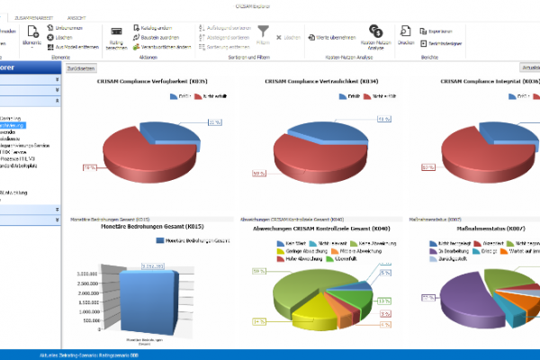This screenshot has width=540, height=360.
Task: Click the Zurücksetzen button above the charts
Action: pos(81,67)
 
